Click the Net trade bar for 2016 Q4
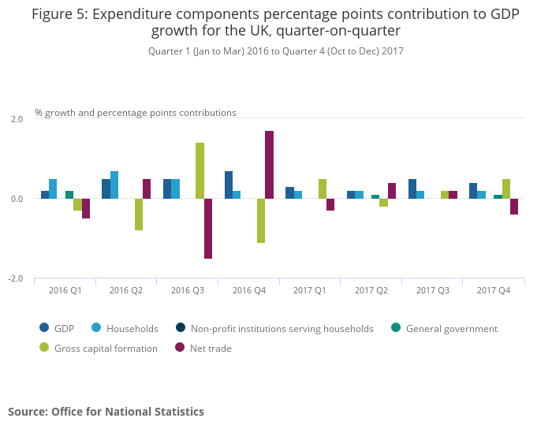coord(269,165)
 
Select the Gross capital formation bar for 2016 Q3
coord(200,171)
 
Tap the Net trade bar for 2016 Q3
coord(208,229)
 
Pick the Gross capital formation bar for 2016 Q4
coord(261,221)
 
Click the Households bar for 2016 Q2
coord(114,185)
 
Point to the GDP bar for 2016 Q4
coord(229,185)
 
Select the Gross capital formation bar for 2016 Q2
coord(139,215)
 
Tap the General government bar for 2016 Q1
coord(69,195)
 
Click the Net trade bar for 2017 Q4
coord(514,207)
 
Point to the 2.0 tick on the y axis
coord(17,118)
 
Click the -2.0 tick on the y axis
coord(16,279)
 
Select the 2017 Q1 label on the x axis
coord(310,291)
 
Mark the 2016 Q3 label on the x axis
coord(188,291)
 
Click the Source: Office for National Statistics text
coord(106,412)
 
